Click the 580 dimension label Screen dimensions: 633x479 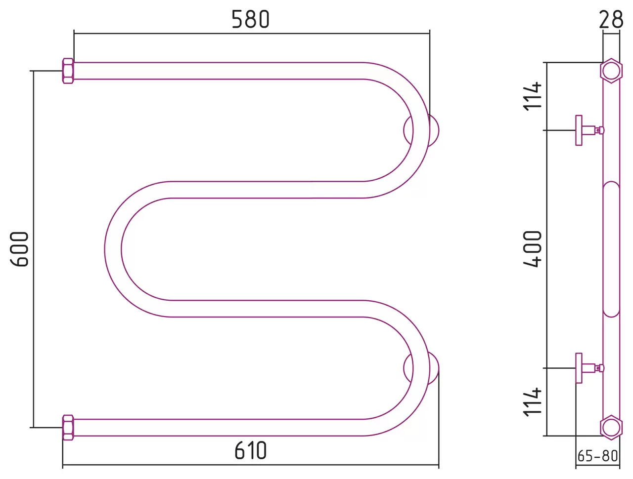coord(250,19)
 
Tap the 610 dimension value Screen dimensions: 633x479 coord(250,450)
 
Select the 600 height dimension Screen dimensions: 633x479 coord(19,249)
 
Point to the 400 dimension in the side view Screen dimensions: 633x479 coord(532,249)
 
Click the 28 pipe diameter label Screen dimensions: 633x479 coord(611,19)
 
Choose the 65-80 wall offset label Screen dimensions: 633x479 coord(597,456)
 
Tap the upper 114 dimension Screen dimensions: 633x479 coord(532,96)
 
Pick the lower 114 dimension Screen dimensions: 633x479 coord(532,402)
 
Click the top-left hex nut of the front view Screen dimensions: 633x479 coord(68,71)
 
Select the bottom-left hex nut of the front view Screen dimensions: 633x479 coord(68,428)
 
